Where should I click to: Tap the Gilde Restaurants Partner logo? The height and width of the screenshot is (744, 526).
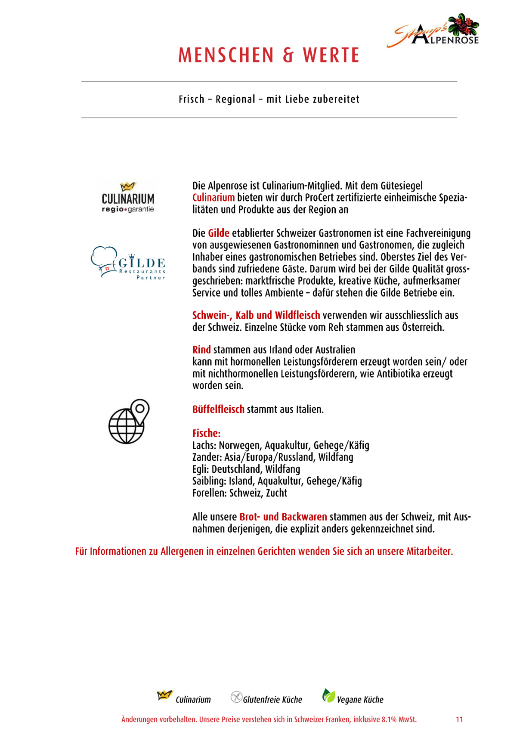pos(128,263)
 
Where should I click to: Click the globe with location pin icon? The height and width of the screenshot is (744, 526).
pos(129,422)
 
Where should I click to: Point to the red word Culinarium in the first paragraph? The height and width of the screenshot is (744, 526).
pos(213,198)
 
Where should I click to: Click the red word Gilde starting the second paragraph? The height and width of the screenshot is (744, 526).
pos(219,233)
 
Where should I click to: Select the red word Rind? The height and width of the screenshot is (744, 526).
pos(201,350)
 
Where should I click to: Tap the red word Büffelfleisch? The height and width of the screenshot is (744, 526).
pos(218,409)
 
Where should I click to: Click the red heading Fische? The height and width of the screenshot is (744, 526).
pos(206,434)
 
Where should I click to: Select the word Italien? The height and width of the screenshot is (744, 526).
pos(309,409)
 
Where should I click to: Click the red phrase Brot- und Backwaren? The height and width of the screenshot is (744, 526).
pos(283,517)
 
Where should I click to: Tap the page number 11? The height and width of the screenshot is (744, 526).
pos(459,719)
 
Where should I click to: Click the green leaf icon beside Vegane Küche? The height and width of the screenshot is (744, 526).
pos(328,695)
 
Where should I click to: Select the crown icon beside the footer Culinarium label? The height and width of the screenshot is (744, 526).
pos(164,695)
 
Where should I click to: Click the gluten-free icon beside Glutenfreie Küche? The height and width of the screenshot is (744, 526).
pos(236,697)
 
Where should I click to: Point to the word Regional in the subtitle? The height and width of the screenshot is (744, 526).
pos(235,99)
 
